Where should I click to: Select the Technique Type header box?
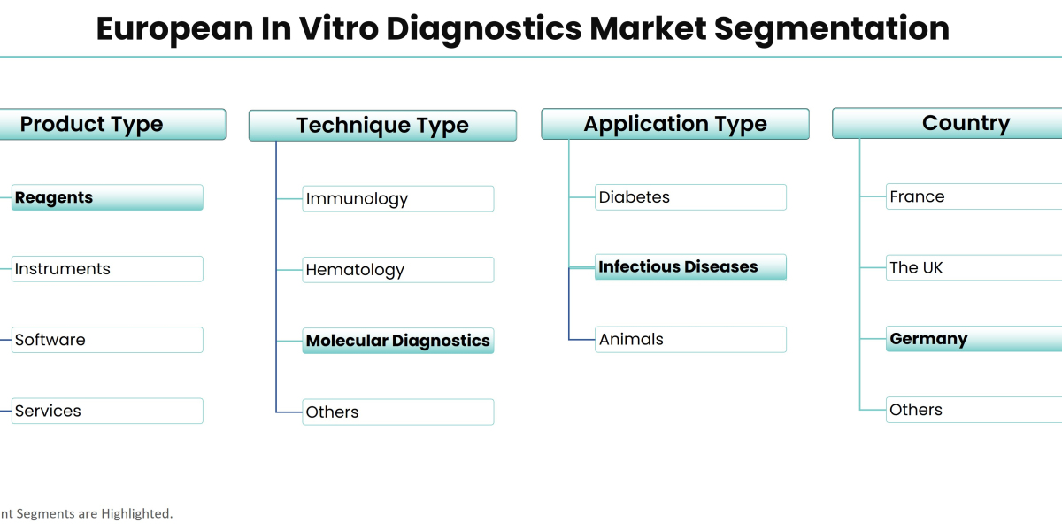[x=382, y=126]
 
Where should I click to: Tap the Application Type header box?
[x=674, y=125]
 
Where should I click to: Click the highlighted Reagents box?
[x=107, y=197]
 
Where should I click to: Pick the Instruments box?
[x=107, y=269]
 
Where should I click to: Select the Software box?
[x=107, y=340]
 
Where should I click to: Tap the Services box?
[x=107, y=411]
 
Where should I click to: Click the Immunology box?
[x=397, y=199]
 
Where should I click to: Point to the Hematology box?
[x=397, y=270]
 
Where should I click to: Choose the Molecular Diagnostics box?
[x=397, y=341]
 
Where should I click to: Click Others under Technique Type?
[x=397, y=412]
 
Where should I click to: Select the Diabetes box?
[x=690, y=197]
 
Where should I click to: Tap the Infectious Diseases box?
[x=690, y=267]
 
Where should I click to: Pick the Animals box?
[x=690, y=339]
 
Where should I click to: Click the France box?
[x=973, y=196]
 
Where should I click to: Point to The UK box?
[x=973, y=267]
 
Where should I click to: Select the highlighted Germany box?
[x=973, y=339]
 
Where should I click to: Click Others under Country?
[x=973, y=410]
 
